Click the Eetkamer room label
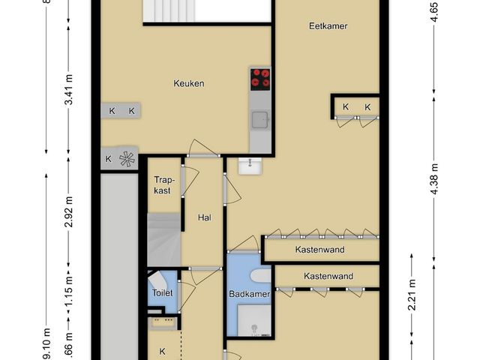pos(328,26)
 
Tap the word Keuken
pos(189,84)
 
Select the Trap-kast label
pos(163,185)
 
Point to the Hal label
pos(203,217)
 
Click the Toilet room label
pos(163,293)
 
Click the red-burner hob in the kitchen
pos(260,78)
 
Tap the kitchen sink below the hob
pos(260,118)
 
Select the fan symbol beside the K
pos(127,159)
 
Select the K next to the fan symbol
pos(108,159)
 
